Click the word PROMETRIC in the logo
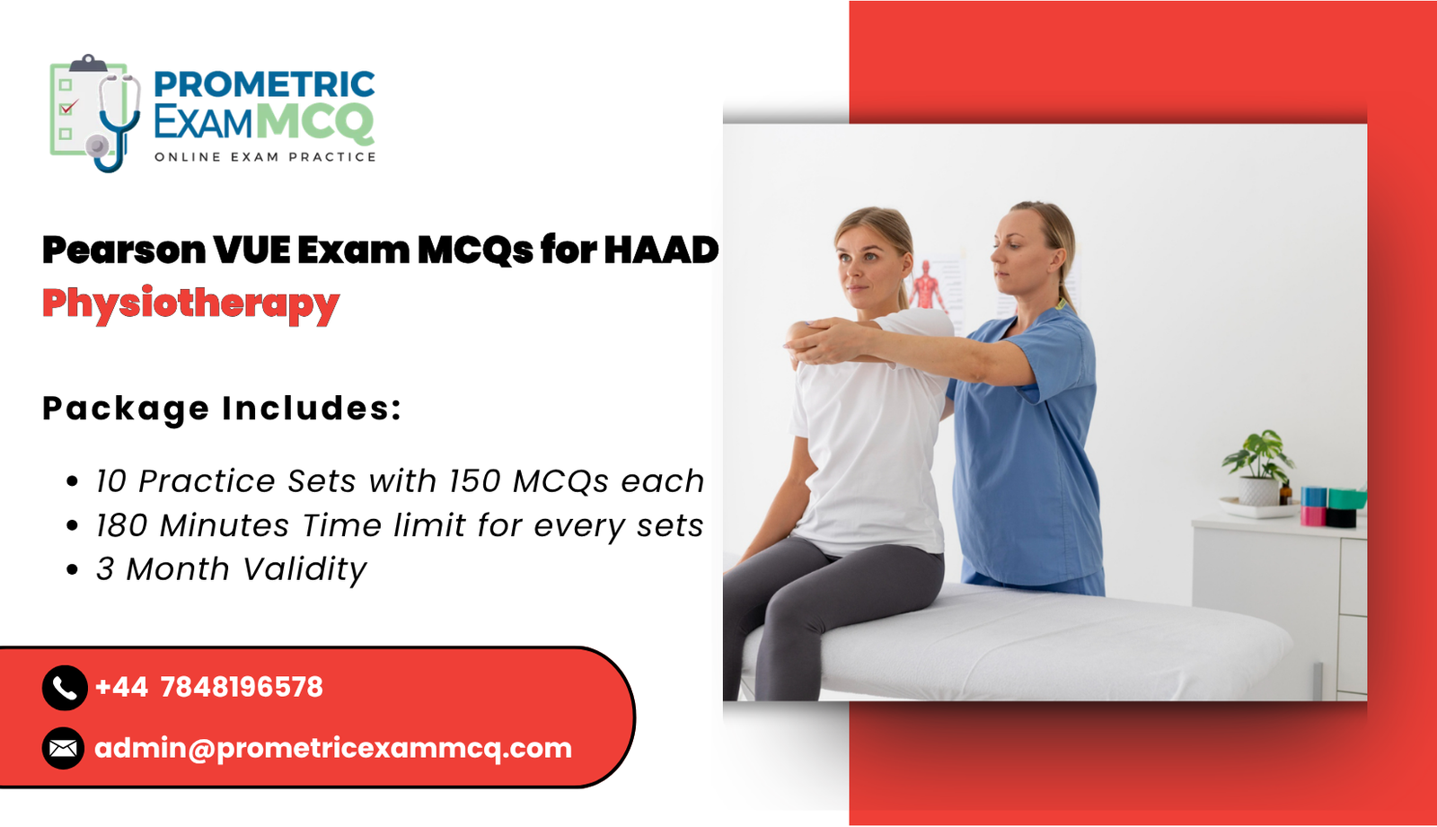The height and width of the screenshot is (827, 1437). point(264,84)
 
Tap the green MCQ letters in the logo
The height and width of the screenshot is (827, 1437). point(314,122)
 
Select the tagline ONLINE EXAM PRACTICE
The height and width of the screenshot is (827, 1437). point(265,157)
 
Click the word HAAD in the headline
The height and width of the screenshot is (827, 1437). point(661,251)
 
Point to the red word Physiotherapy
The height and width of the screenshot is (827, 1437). point(190,304)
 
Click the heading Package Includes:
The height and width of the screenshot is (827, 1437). point(221,409)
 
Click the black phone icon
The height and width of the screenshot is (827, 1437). point(64,688)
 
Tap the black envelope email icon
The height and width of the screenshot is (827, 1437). point(63,748)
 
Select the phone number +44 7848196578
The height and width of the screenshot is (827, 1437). point(208,688)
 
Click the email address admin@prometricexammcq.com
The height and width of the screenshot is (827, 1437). point(332,748)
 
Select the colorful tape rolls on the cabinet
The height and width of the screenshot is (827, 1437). point(1332,506)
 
